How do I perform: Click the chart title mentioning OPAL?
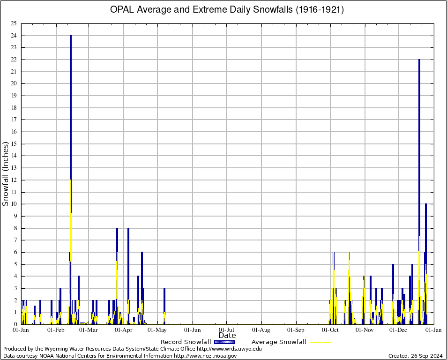[x=227, y=9]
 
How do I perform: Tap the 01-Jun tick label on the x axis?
[x=193, y=330]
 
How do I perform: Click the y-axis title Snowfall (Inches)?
[x=6, y=174]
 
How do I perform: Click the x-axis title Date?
[x=227, y=336]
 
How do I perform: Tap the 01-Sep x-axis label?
[x=296, y=330]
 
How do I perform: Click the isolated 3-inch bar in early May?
[x=164, y=305]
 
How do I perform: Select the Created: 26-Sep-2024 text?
[x=415, y=356]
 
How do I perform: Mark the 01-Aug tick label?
[x=261, y=330]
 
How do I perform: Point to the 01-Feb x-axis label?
[x=56, y=330]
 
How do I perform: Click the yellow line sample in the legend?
[x=320, y=342]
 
